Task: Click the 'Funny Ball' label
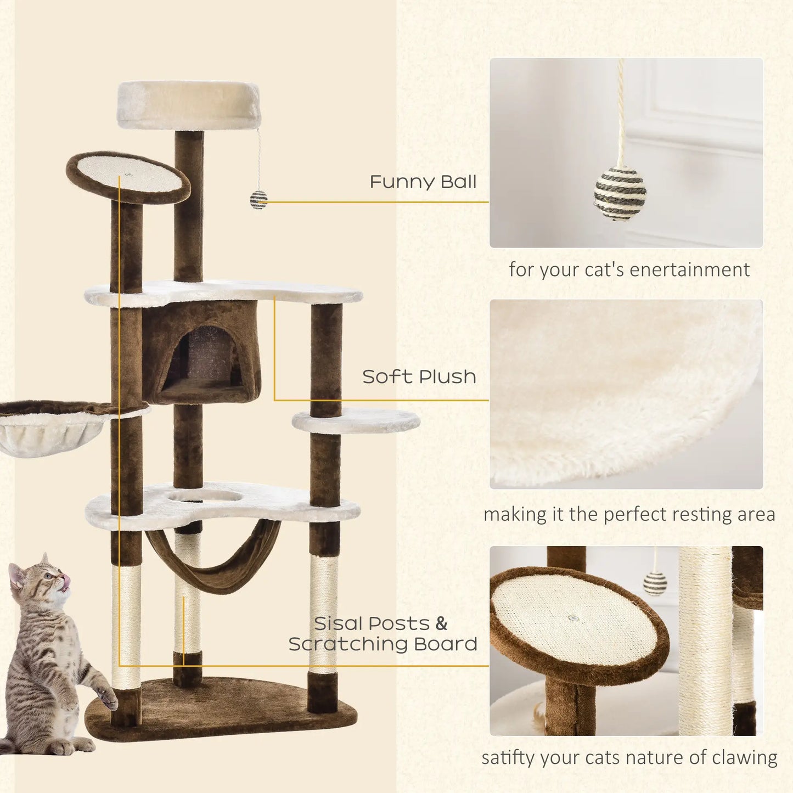[x=423, y=182]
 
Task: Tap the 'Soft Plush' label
[x=419, y=376]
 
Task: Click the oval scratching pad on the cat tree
[x=128, y=176]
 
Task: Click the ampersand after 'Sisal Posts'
[x=441, y=624]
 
